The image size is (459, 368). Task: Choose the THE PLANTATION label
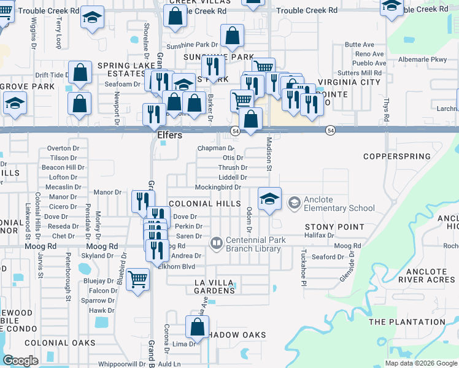[x=415, y=321]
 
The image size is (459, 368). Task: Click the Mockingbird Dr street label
[x=218, y=187]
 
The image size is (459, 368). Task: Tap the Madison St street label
[x=269, y=150]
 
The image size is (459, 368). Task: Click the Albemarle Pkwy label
[x=423, y=59]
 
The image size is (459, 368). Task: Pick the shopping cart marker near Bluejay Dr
[x=138, y=279]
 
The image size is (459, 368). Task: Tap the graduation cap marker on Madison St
[x=269, y=199]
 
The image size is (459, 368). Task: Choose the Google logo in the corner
[x=20, y=361]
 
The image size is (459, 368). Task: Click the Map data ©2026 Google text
[x=421, y=363]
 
